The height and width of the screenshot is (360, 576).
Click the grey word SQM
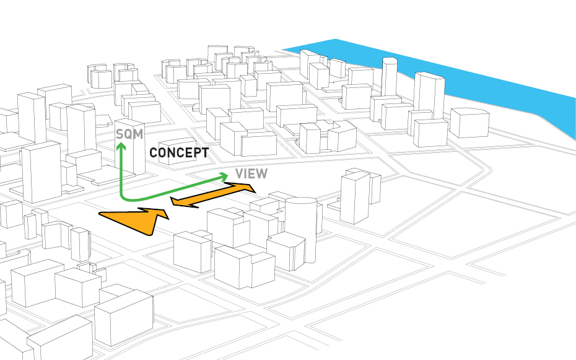(128, 134)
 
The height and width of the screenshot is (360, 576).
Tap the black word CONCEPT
(179, 152)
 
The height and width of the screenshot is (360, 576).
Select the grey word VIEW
(251, 173)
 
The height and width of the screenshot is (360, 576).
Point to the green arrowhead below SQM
(121, 147)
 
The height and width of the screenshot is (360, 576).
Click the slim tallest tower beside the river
(389, 77)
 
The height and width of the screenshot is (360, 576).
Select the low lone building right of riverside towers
(469, 123)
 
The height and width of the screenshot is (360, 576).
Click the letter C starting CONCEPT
(154, 152)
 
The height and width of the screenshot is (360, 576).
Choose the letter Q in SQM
(128, 134)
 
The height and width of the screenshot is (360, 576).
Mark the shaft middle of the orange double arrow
(212, 194)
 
